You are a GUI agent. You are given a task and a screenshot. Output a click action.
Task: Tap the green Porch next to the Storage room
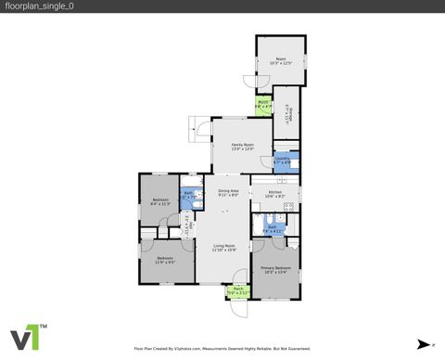(x=263, y=105)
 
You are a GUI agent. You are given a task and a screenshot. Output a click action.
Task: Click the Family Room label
(x=242, y=147)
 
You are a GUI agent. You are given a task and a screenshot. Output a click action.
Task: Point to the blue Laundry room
(x=284, y=161)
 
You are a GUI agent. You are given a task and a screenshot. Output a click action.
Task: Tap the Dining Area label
(x=228, y=193)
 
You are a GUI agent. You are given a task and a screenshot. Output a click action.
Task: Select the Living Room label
(x=223, y=247)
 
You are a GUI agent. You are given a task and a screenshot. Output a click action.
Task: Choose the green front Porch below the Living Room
(x=237, y=290)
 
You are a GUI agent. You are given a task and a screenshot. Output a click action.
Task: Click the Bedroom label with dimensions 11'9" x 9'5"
(x=166, y=259)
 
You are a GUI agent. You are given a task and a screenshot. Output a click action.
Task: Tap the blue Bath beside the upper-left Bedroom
(x=188, y=196)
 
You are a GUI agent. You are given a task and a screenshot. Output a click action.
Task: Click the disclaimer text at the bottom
(x=222, y=349)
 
